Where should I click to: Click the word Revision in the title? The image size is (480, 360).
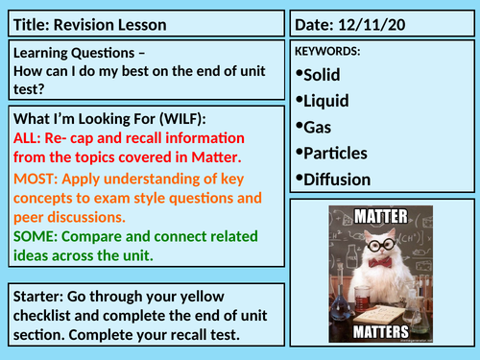(x=88, y=24)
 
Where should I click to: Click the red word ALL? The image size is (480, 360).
(x=28, y=136)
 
